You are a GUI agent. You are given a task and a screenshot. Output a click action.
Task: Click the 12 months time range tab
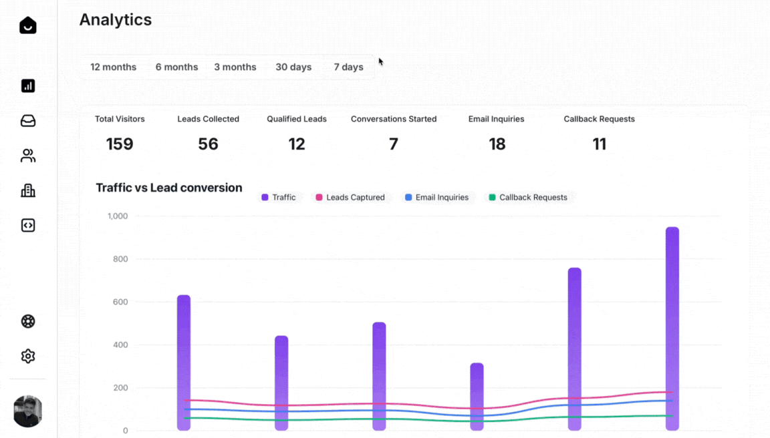113,67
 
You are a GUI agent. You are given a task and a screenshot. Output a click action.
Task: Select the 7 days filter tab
348,67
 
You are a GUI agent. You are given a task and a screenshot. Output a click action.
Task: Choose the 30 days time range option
293,67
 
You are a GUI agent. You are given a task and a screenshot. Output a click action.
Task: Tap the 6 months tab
176,67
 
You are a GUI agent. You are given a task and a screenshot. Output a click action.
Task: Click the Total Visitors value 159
120,144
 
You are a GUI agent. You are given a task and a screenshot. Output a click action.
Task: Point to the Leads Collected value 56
208,144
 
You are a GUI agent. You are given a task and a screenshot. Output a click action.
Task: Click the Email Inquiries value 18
497,144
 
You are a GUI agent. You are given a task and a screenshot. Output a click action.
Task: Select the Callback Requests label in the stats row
599,119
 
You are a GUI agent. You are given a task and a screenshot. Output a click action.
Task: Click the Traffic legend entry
279,198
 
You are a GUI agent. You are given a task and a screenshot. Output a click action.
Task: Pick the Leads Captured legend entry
350,198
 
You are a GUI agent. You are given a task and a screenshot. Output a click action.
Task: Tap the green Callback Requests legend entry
528,198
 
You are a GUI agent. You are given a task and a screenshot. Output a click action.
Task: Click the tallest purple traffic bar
672,327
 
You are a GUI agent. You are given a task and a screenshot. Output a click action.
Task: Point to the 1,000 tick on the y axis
117,216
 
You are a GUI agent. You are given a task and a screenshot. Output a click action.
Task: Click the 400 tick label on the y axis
119,345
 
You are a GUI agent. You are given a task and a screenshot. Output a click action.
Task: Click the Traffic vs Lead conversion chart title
168,188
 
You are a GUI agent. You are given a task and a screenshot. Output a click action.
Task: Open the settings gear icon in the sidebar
28,356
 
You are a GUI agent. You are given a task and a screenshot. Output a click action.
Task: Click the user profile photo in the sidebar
28,411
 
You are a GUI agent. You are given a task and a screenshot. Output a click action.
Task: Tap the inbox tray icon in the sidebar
28,121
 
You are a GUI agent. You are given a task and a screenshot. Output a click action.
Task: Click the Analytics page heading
116,20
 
